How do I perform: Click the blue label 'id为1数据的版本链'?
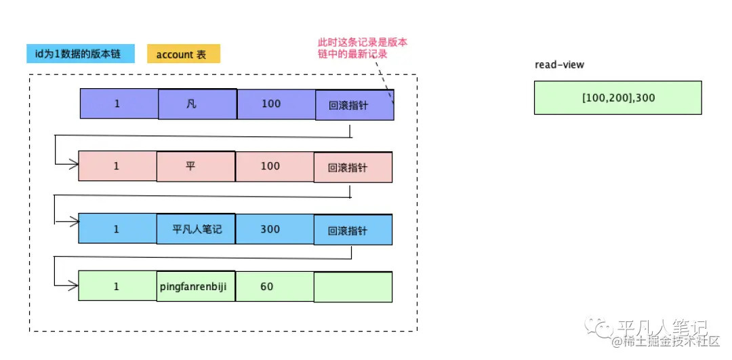tap(81, 54)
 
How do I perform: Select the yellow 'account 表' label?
tap(183, 54)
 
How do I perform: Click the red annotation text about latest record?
tap(363, 48)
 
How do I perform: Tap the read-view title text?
tap(559, 65)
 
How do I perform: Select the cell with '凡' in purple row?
tap(197, 104)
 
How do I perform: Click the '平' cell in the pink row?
tap(196, 166)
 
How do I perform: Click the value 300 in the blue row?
tap(270, 229)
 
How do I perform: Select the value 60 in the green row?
tap(267, 286)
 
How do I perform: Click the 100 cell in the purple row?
tap(271, 104)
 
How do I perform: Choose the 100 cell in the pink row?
tap(270, 166)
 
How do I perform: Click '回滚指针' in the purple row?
tap(354, 105)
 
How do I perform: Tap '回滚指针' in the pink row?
tap(353, 167)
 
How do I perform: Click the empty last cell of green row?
tap(353, 287)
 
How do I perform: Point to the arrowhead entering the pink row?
tap(73, 164)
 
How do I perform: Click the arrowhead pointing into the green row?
tap(73, 285)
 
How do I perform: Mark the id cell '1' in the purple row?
tap(118, 104)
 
